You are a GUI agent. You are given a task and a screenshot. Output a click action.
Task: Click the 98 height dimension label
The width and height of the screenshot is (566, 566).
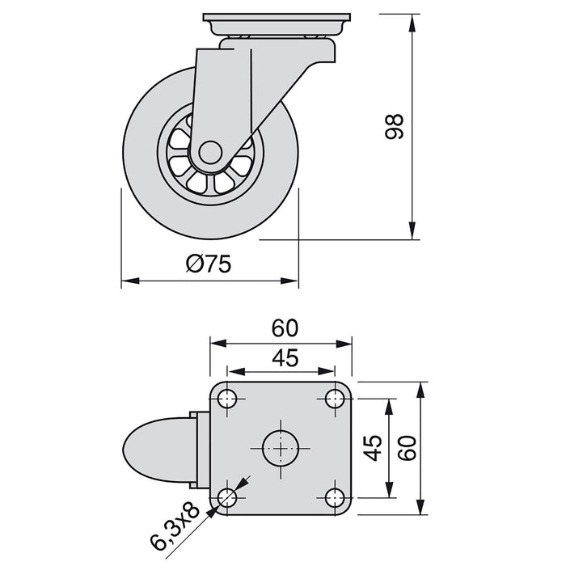pos(394,127)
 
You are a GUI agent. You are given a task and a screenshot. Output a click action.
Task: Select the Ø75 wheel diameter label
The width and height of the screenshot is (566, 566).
pos(209,264)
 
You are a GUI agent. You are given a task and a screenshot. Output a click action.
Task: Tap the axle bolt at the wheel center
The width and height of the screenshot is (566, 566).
pos(209,153)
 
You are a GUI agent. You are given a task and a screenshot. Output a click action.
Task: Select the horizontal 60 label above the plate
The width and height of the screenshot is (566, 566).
pos(285,327)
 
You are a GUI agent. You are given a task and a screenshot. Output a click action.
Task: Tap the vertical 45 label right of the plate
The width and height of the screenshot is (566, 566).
pos(373,447)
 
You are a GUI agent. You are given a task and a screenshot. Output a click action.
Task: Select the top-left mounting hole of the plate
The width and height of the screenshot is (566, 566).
pos(227,399)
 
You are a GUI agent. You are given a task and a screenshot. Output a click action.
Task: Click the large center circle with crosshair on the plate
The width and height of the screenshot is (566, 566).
pos(281,447)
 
